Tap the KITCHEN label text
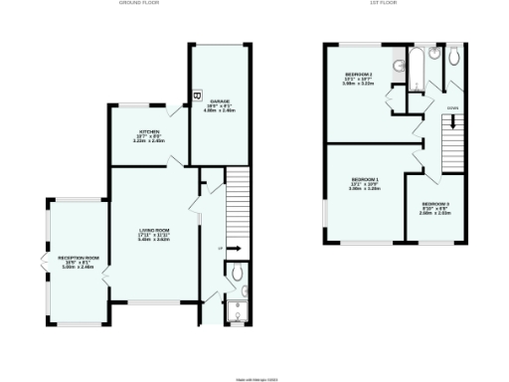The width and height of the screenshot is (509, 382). tap(149, 131)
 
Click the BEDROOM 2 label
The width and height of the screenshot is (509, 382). tap(358, 75)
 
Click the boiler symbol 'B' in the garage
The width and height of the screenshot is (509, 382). tap(196, 95)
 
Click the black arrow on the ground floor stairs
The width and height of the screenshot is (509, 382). tap(236, 248)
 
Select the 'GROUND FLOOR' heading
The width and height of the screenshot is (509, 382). tap(139, 4)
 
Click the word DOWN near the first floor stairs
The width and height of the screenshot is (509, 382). tap(452, 106)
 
